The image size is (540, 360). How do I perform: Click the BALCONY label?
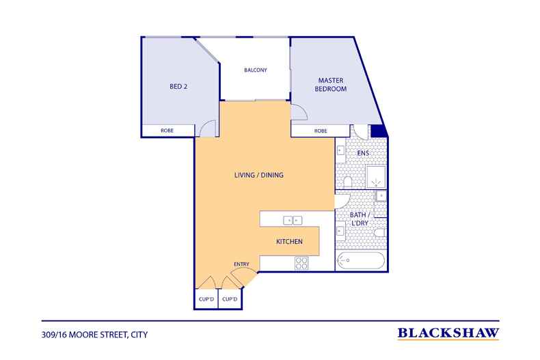(256, 70)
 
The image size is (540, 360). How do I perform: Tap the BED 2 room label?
(178, 86)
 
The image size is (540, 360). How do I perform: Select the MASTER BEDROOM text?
(331, 84)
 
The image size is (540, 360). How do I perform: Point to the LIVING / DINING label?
(259, 175)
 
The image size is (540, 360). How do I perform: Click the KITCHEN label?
(289, 242)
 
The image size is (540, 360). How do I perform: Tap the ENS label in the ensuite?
(363, 153)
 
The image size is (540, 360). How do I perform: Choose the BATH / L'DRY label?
(360, 219)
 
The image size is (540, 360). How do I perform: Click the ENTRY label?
(241, 264)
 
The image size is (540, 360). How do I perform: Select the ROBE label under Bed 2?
(167, 130)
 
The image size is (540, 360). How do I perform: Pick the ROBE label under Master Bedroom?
(321, 130)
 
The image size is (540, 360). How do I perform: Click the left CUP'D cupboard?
(206, 299)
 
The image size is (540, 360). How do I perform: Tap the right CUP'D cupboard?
(230, 299)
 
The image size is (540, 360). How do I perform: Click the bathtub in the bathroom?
(360, 261)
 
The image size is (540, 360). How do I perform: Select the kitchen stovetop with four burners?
(301, 263)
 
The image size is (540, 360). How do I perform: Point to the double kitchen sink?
(293, 220)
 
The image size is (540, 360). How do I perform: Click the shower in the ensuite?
(376, 177)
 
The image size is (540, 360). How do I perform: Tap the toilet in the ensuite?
(347, 182)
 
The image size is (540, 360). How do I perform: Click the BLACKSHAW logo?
(448, 333)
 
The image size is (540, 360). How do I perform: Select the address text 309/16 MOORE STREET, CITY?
(94, 335)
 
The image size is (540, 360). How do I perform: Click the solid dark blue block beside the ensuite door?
(377, 131)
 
